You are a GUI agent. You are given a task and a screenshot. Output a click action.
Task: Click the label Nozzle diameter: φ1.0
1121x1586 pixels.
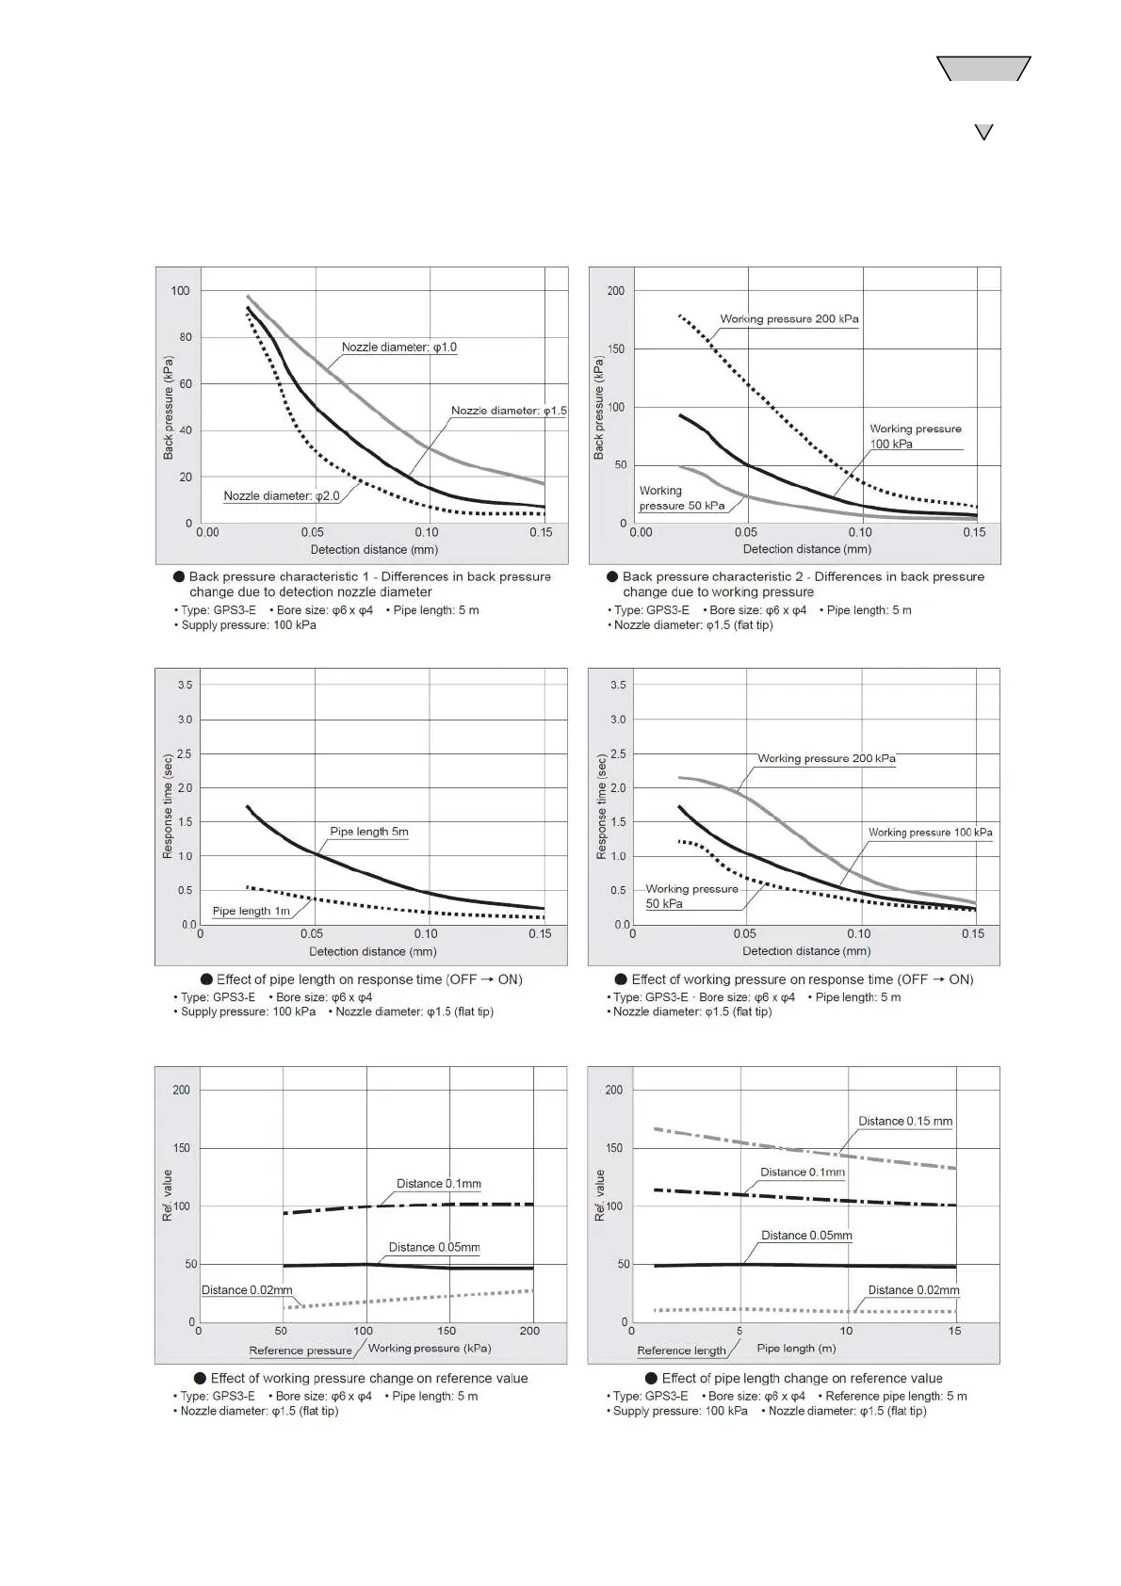pyautogui.click(x=398, y=348)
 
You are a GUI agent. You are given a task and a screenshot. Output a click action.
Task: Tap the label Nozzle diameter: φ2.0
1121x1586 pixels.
pyautogui.click(x=281, y=496)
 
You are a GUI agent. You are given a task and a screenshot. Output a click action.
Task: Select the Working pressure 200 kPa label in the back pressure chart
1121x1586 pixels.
pyautogui.click(x=788, y=319)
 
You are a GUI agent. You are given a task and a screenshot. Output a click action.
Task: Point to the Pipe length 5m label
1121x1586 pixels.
pyautogui.click(x=368, y=832)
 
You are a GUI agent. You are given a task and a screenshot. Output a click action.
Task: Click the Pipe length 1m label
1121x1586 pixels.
pyautogui.click(x=251, y=911)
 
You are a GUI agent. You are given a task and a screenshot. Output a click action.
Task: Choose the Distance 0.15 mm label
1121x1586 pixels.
pyautogui.click(x=904, y=1121)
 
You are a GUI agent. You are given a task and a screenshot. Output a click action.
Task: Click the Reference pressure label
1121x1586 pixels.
pyautogui.click(x=301, y=1351)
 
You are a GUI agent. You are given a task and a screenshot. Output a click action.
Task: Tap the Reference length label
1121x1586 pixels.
pyautogui.click(x=681, y=1351)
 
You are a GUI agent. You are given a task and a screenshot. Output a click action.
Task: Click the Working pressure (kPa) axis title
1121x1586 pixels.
pyautogui.click(x=429, y=1348)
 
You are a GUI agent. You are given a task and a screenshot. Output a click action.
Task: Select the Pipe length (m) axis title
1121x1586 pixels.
pyautogui.click(x=796, y=1348)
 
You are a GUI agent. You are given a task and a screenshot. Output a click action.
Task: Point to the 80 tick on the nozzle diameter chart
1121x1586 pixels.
pyautogui.click(x=186, y=337)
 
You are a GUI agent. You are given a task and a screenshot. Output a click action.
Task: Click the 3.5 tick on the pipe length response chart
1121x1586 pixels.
pyautogui.click(x=185, y=685)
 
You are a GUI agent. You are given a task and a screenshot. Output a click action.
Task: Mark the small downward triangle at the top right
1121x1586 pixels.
pyautogui.click(x=983, y=132)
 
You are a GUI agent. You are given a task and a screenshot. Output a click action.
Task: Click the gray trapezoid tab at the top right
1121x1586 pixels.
pyautogui.click(x=983, y=69)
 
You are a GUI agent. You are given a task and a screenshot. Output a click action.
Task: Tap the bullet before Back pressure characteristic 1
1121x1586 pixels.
pyautogui.click(x=179, y=576)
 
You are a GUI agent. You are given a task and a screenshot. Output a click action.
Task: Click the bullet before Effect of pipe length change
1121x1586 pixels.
pyautogui.click(x=651, y=1378)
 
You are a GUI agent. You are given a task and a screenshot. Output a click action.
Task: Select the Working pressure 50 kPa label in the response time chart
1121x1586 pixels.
pyautogui.click(x=690, y=896)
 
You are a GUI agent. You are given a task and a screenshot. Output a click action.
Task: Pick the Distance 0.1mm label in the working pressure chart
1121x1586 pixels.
pyautogui.click(x=438, y=1184)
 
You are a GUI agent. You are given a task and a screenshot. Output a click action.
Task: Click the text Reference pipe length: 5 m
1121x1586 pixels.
pyautogui.click(x=895, y=1396)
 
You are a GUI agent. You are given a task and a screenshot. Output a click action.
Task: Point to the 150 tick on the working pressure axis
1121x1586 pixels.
pyautogui.click(x=447, y=1331)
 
